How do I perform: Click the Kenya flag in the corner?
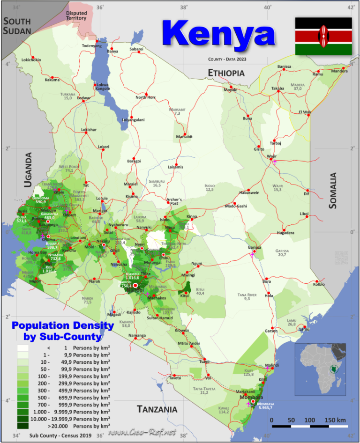(323, 36)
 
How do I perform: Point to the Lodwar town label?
(84, 98)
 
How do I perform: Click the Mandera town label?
(339, 71)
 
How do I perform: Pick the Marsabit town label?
(184, 137)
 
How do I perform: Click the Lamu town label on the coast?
(304, 329)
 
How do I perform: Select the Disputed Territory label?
(76, 15)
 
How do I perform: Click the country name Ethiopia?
(227, 73)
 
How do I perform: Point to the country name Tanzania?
(157, 409)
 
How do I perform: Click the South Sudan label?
(17, 26)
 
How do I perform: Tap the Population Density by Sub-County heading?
(63, 331)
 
